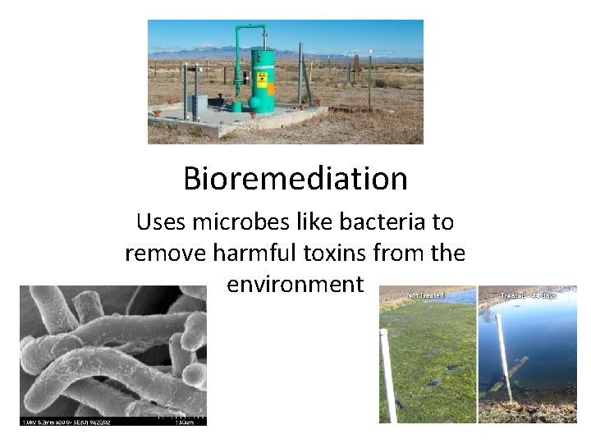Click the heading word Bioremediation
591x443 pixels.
pos(295,178)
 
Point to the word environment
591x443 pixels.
pos(295,284)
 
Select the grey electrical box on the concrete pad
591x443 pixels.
pos(197,106)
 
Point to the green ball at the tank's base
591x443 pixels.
pos(238,107)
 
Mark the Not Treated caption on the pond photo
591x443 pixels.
pos(424,294)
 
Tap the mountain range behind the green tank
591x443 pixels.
pos(213,53)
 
